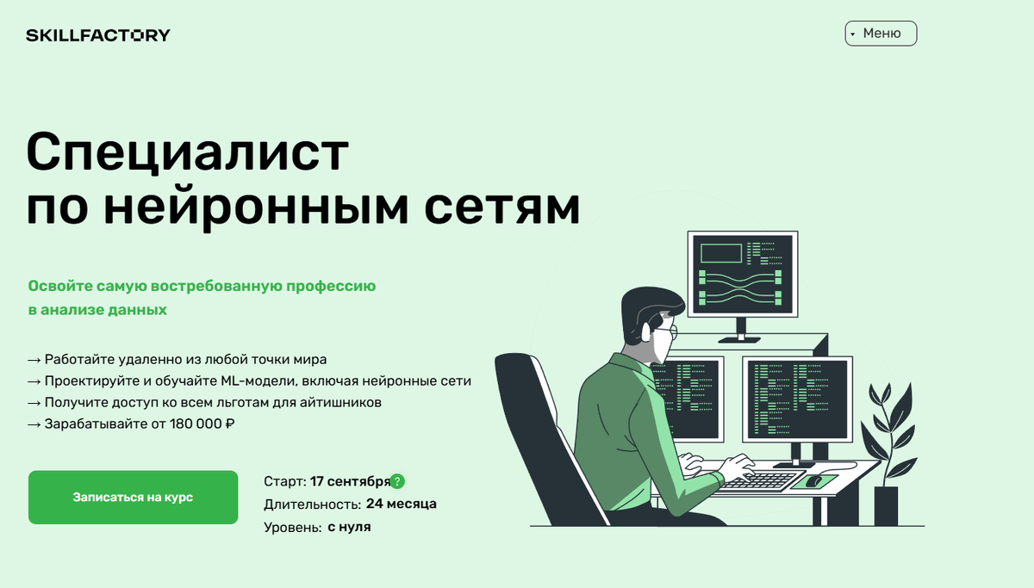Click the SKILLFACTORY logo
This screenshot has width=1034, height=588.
tap(97, 35)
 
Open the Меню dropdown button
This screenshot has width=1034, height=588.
tap(881, 34)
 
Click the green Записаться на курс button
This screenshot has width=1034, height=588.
tap(133, 498)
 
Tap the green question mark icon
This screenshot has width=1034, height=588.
tap(397, 481)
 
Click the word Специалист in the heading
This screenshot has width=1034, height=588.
tap(188, 153)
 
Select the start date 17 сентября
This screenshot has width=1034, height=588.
tap(350, 481)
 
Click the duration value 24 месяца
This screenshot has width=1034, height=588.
tap(401, 504)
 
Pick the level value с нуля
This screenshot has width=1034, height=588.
tap(349, 526)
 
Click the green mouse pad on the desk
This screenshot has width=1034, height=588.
tap(814, 480)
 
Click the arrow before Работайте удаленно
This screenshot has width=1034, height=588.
tap(34, 360)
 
